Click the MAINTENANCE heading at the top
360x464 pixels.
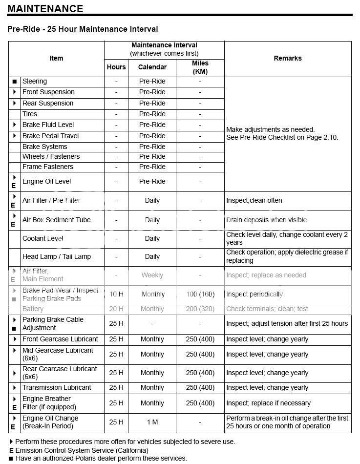[x=45, y=9]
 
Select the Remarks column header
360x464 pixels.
[x=287, y=58]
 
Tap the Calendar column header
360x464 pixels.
[x=152, y=67]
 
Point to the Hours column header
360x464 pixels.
[x=116, y=67]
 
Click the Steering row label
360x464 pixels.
[x=35, y=81]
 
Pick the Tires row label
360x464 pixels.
[x=30, y=114]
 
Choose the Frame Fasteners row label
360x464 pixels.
[x=48, y=167]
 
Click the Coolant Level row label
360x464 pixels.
[x=43, y=238]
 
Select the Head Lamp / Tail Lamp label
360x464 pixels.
[x=57, y=256]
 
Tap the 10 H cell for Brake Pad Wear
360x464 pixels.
[x=116, y=294]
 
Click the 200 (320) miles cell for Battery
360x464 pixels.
[x=200, y=309]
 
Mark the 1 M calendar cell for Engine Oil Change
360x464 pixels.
[x=152, y=422]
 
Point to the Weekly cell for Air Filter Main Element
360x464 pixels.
[x=152, y=275]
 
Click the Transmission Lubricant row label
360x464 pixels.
[x=57, y=387]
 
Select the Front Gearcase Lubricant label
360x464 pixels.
[x=60, y=339]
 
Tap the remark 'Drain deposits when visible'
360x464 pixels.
[x=266, y=220]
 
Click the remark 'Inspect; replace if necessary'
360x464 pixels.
[x=268, y=403]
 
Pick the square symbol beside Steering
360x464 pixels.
[x=15, y=82]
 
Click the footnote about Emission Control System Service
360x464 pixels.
[x=78, y=450]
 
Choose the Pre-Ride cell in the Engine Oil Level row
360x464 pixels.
[x=152, y=181]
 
